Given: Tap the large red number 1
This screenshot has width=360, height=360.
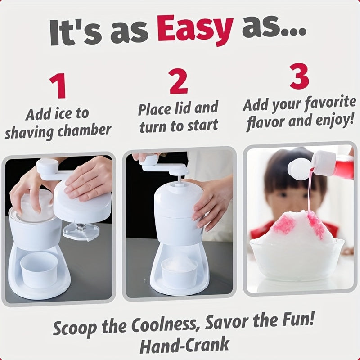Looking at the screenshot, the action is (x=58, y=85).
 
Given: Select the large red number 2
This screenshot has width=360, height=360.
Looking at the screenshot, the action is (x=178, y=81).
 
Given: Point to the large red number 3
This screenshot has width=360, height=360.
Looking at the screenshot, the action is (x=299, y=76).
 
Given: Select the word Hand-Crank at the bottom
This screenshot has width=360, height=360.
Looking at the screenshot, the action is (x=184, y=345).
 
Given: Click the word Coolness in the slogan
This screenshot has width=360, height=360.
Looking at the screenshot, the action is (x=164, y=324).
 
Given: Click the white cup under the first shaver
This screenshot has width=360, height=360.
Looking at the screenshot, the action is (x=39, y=269).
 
